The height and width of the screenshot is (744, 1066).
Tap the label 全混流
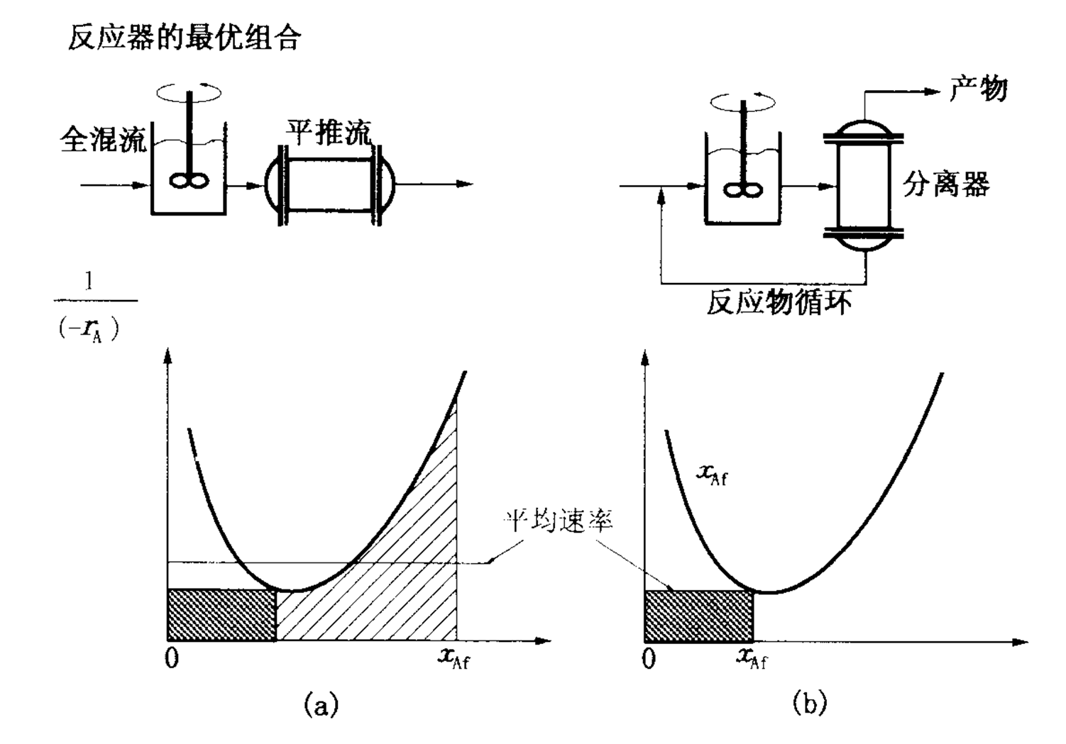point(104,140)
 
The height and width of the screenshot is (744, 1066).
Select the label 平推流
point(329,133)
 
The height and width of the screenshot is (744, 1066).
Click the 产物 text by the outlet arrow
point(979,90)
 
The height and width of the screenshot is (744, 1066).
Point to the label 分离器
point(946,185)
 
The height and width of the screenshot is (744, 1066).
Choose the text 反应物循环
point(779,304)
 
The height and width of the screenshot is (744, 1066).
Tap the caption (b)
point(809,704)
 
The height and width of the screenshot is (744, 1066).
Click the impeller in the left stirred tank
point(189,181)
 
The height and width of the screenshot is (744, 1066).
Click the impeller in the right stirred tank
point(743,189)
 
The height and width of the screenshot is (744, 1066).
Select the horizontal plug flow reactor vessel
point(329,184)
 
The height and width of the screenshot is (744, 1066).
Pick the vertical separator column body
point(862,186)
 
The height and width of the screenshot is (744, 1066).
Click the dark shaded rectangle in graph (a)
point(221,615)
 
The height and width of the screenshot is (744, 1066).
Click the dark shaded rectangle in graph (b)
point(698,616)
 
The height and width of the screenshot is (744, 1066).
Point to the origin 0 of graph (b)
point(648,659)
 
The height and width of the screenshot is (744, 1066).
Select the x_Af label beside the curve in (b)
point(711,474)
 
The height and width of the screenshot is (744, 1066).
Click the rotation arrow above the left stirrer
point(189,92)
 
